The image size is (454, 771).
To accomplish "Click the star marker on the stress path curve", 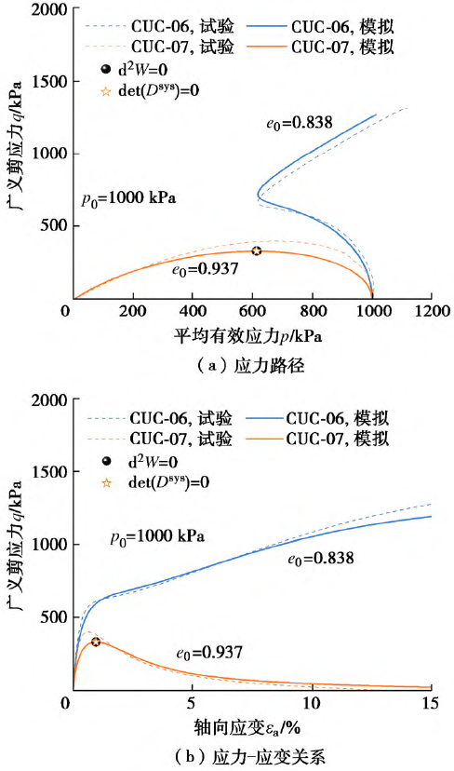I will coord(257,250).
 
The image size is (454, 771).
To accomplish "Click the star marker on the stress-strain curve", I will coord(96,642).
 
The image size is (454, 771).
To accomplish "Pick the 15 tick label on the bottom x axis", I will coord(430,701).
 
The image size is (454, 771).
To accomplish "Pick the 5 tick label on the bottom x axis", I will coord(192,701).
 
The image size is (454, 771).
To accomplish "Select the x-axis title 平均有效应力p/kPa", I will coord(251,334).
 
